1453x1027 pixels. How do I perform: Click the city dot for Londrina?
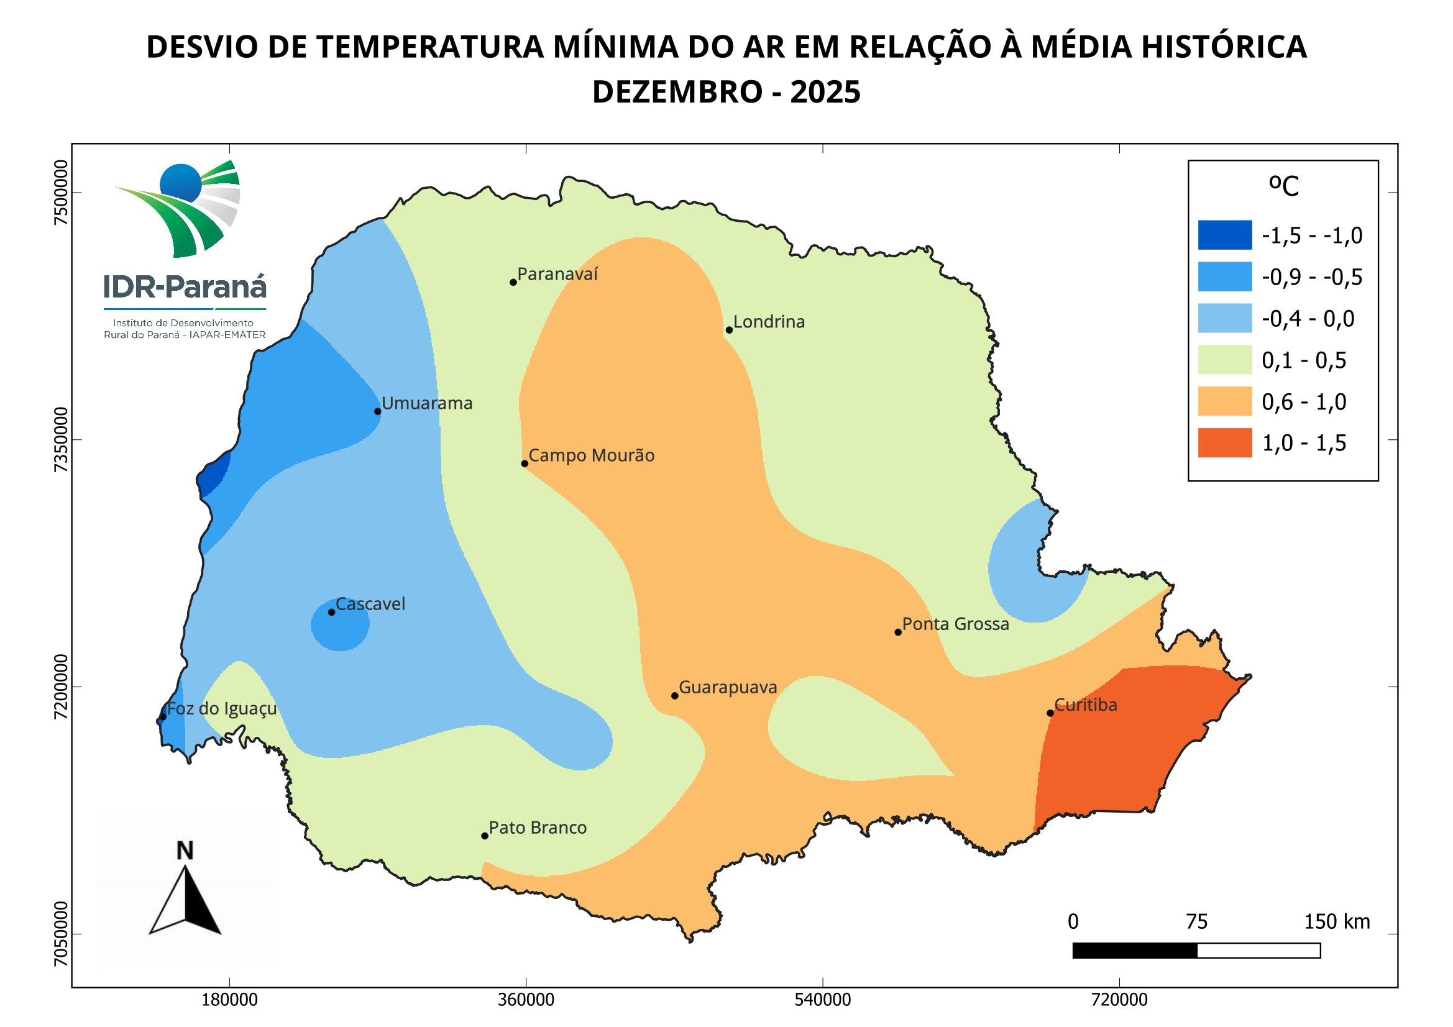coord(729,330)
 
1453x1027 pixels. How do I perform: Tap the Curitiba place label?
coord(1086,705)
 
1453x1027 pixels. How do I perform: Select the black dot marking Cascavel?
coord(332,612)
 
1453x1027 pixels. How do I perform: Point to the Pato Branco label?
coord(538,828)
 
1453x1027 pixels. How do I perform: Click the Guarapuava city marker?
coord(675,696)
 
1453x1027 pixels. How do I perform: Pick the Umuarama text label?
coord(427,404)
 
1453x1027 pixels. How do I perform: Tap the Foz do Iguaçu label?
coord(222,708)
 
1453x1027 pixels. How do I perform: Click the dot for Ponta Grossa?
coord(898,632)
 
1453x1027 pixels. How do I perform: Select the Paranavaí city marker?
coord(513,282)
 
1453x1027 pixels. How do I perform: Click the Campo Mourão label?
coord(591,455)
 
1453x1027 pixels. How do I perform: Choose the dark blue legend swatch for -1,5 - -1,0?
coord(1224,235)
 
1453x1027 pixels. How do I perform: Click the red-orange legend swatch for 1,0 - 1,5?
coord(1224,442)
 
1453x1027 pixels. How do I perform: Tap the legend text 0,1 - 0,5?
coord(1304,361)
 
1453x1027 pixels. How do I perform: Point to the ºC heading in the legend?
coord(1283,186)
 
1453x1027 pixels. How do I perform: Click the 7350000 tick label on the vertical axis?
coord(60,439)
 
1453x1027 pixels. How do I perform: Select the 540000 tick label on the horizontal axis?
coord(823,1001)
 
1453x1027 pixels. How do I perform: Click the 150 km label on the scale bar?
coord(1337,922)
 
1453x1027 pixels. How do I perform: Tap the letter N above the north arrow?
coord(185,851)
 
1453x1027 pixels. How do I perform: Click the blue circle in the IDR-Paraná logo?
coord(180,182)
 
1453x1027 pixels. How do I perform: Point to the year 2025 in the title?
coord(825,93)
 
